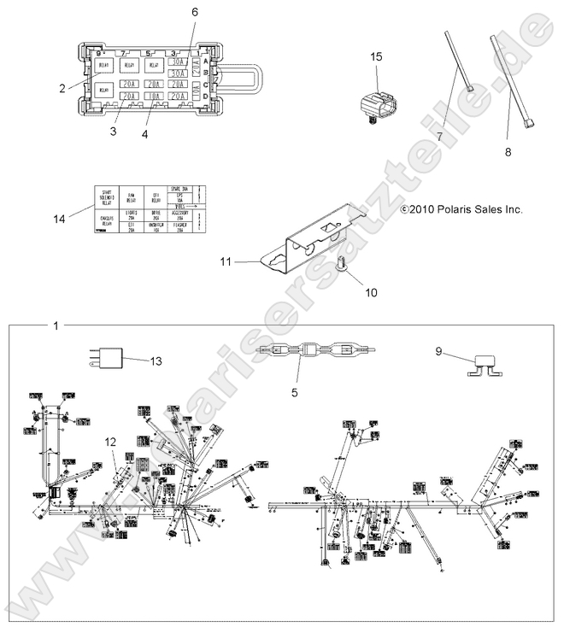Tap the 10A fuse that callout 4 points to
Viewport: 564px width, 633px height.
153,97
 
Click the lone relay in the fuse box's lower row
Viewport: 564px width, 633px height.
104,90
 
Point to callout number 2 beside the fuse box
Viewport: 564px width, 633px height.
62,87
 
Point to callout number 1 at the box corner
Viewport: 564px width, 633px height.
56,326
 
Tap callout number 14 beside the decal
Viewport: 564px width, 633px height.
58,219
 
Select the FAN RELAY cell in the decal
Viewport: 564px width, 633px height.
131,196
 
